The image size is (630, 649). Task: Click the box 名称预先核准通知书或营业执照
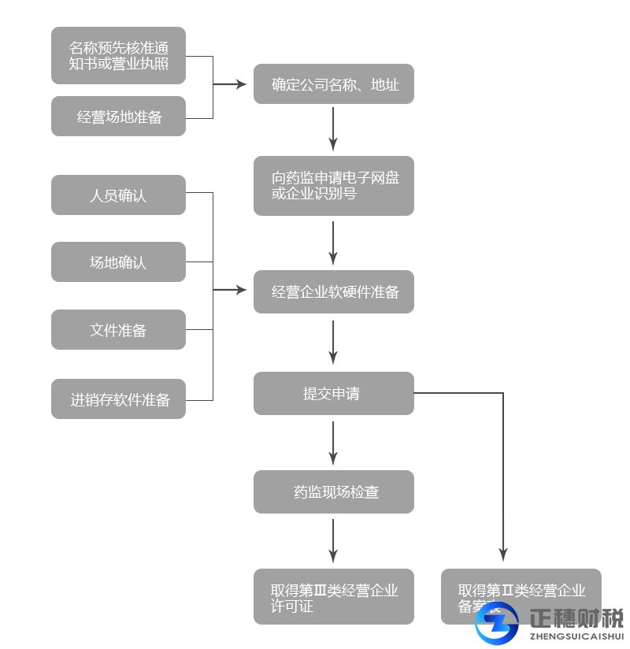tap(118, 55)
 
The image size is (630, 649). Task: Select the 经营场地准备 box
tap(118, 117)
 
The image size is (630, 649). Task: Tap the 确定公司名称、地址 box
tap(333, 84)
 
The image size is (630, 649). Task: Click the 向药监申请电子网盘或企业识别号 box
tap(333, 186)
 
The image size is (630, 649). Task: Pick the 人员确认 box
tap(118, 195)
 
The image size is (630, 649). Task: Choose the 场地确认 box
tap(118, 262)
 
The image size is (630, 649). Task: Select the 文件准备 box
tap(118, 330)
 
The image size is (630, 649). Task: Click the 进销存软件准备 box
tap(118, 399)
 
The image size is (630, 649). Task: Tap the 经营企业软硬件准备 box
tap(333, 292)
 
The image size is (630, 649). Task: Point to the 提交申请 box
tap(333, 393)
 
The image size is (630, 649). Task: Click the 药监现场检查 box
tap(333, 492)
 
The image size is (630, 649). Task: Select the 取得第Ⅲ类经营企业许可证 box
tap(333, 597)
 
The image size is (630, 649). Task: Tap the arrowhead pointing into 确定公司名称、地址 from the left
tap(241, 84)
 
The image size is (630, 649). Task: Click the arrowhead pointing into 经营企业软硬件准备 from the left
tap(241, 291)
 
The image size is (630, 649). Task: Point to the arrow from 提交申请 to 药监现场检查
tap(333, 442)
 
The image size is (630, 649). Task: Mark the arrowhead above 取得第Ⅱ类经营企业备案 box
tap(503, 555)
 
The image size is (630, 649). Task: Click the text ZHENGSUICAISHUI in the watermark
tap(577, 636)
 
